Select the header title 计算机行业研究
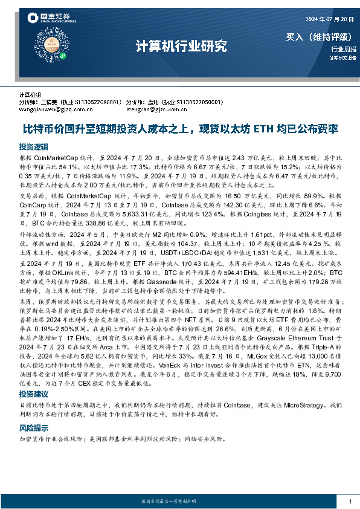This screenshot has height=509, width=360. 179,45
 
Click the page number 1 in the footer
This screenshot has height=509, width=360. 350,501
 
